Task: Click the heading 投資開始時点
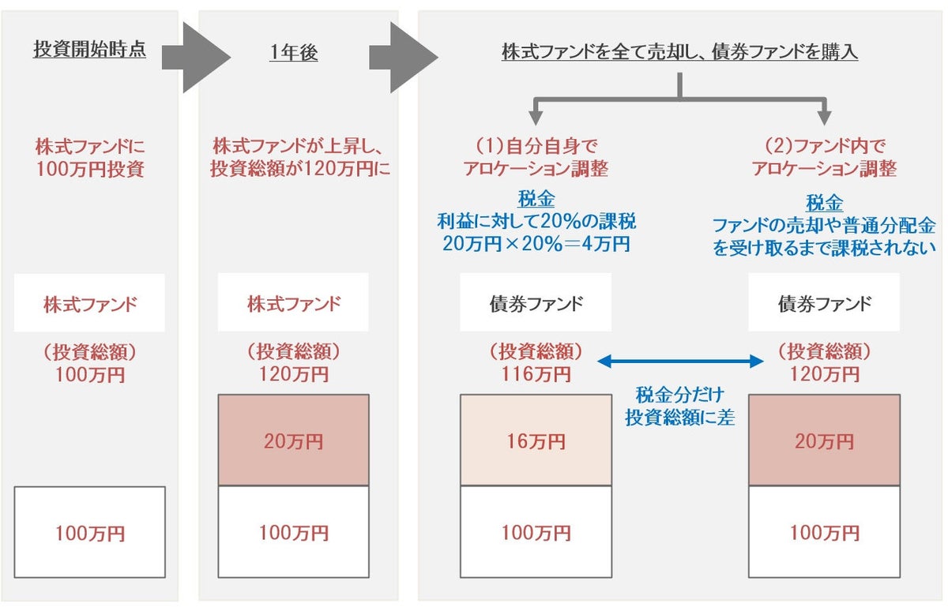[x=89, y=51]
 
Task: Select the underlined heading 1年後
[x=293, y=54]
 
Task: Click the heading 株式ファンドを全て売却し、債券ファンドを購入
[x=680, y=53]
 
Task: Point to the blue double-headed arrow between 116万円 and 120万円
[x=679, y=362]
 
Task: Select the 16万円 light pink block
[x=536, y=440]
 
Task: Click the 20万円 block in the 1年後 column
[x=293, y=440]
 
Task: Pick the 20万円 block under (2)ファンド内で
[x=824, y=440]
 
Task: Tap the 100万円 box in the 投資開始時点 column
[x=89, y=533]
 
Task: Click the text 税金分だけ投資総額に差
[x=679, y=406]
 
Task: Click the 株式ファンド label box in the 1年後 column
[x=293, y=303]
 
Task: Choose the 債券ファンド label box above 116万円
[x=536, y=303]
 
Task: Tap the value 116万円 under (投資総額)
[x=536, y=373]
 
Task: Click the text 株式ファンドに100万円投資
[x=89, y=157]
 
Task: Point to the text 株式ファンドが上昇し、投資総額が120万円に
[x=301, y=157]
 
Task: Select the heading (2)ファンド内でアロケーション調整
[x=824, y=157]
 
